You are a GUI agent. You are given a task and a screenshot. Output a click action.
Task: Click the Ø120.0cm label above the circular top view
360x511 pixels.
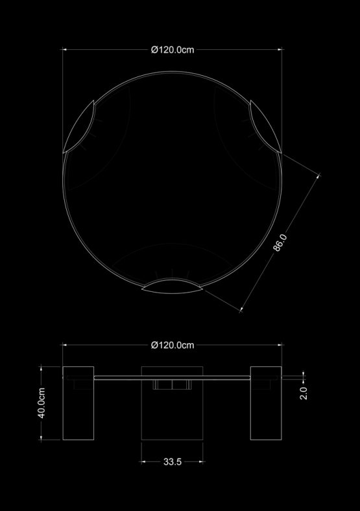click(173, 49)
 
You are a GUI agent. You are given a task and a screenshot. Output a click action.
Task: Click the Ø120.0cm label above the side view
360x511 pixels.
click(173, 345)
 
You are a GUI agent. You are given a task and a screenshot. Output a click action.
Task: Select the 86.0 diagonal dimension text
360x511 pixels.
click(280, 243)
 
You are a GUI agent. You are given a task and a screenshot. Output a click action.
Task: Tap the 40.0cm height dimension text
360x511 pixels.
click(42, 403)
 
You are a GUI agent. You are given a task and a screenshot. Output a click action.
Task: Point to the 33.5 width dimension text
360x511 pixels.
click(172, 462)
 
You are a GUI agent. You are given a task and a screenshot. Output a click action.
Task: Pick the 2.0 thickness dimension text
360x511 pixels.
click(304, 393)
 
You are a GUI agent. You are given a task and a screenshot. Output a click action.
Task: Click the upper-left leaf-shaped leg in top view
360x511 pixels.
click(79, 126)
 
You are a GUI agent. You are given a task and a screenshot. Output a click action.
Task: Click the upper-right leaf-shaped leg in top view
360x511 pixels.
click(265, 126)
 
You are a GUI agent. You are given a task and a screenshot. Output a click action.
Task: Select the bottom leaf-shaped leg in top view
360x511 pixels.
click(172, 286)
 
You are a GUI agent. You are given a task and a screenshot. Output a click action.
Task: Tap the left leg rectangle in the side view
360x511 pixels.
click(78, 403)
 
